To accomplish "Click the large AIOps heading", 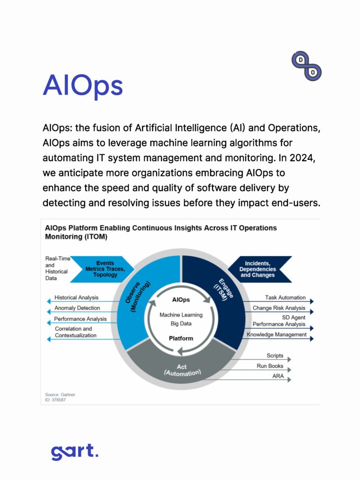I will click(82, 86).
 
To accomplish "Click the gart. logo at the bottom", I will click(75, 452).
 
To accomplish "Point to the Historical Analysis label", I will click(76, 298).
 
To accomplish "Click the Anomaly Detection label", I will click(77, 308).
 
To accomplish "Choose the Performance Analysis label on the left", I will click(80, 319).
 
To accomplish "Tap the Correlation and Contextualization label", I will click(75, 332).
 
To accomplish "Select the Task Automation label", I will click(285, 298).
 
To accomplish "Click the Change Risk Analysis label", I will click(279, 308).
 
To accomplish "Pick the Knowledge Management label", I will click(277, 335).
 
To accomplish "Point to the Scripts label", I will click(275, 356).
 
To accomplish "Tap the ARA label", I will click(277, 376).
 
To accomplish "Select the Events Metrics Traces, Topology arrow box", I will click(105, 269).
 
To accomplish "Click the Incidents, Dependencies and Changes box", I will click(257, 269).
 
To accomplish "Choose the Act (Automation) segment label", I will click(182, 370).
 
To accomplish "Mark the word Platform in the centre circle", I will click(181, 338).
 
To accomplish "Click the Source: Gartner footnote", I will click(60, 395).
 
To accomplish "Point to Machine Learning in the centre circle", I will click(181, 315).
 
